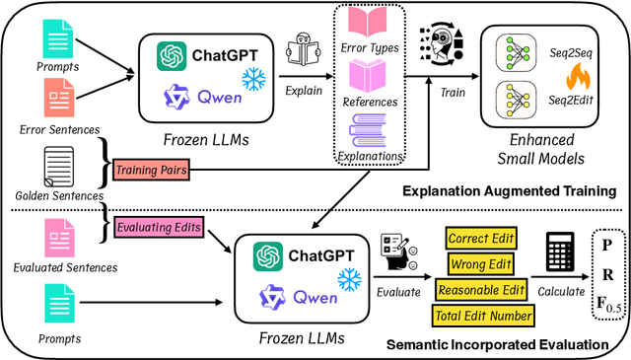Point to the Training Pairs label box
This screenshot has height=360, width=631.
tap(152, 170)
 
